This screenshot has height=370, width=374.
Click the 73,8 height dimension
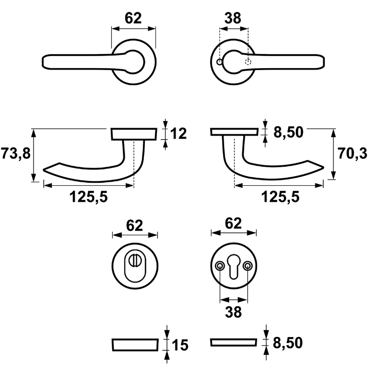pos(15,154)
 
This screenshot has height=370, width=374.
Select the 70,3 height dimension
pos(353,154)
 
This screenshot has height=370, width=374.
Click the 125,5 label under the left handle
pos(89,197)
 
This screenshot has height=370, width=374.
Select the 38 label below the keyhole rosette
pos(233,312)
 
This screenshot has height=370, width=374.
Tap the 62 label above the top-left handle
pos(133,18)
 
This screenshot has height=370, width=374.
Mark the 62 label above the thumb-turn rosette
pos(134,225)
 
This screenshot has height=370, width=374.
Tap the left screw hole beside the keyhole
pos(220,266)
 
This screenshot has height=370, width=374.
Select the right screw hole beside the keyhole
pos(247,266)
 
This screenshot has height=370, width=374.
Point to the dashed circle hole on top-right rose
pos(247,62)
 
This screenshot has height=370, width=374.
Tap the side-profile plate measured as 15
pos(134,344)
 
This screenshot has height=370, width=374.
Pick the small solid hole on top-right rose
pos(219,62)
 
